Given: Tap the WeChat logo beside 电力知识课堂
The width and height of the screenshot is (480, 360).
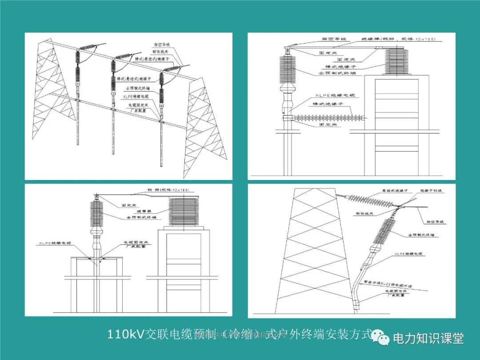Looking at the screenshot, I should [381, 337].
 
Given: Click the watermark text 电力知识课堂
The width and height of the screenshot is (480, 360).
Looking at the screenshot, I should [428, 338].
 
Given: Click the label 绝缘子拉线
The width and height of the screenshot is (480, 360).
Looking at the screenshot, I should [431, 191].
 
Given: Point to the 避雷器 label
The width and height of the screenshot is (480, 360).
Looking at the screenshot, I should [132, 211].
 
